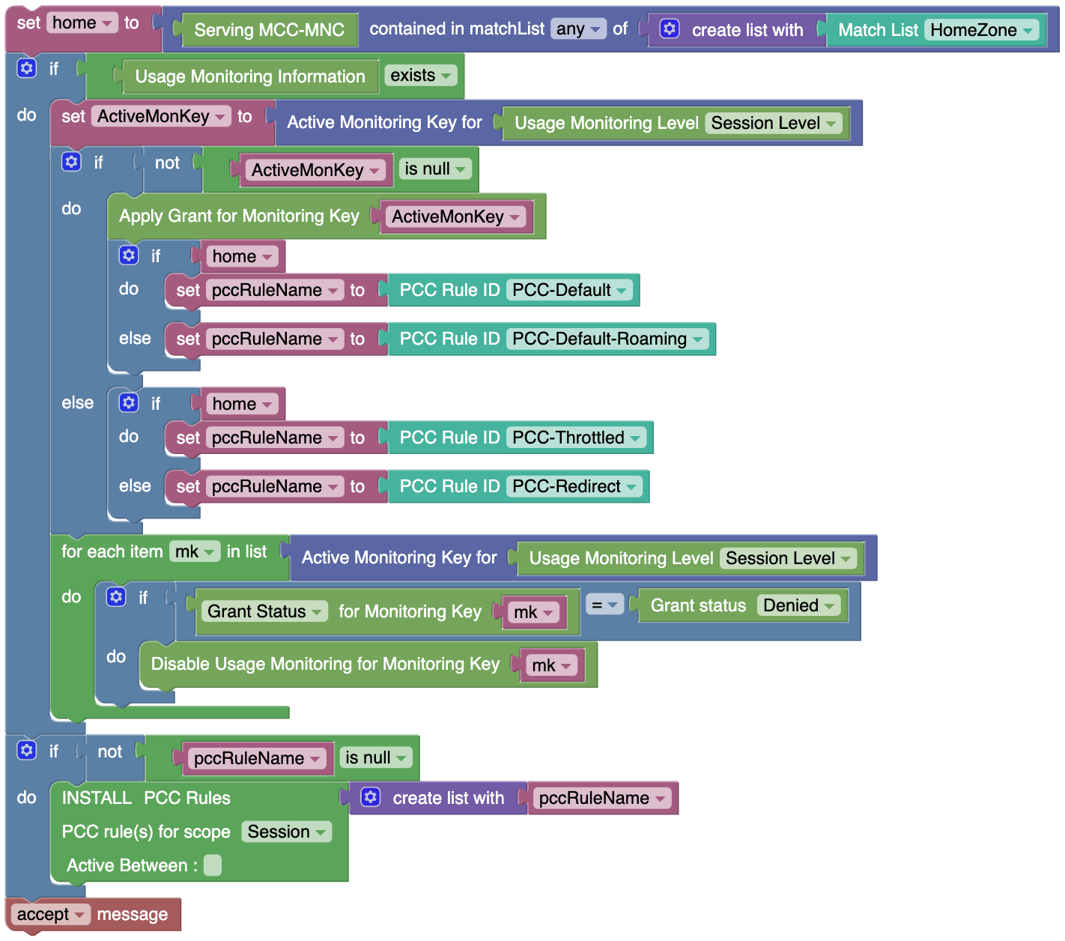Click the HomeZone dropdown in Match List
point(981,30)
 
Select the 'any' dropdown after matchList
point(577,28)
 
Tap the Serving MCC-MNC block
point(269,30)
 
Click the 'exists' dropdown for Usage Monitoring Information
point(420,75)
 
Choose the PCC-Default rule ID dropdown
point(569,290)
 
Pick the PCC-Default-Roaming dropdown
point(607,339)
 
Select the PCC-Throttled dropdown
point(576,437)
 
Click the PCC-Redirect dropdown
point(574,486)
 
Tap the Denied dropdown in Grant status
point(798,605)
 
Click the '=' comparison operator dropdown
point(604,605)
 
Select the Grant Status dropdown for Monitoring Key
point(264,611)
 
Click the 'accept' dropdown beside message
point(50,914)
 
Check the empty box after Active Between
point(213,865)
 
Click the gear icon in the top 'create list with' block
point(669,28)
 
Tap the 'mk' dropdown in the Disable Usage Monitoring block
point(551,665)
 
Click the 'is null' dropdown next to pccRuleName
point(375,757)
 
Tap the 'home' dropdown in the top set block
point(82,22)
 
